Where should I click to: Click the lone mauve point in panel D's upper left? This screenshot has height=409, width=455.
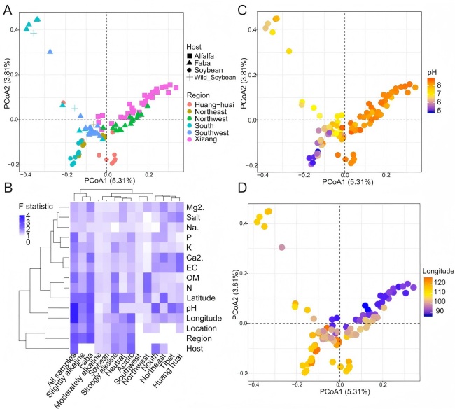pyautogui.click(x=281, y=247)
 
